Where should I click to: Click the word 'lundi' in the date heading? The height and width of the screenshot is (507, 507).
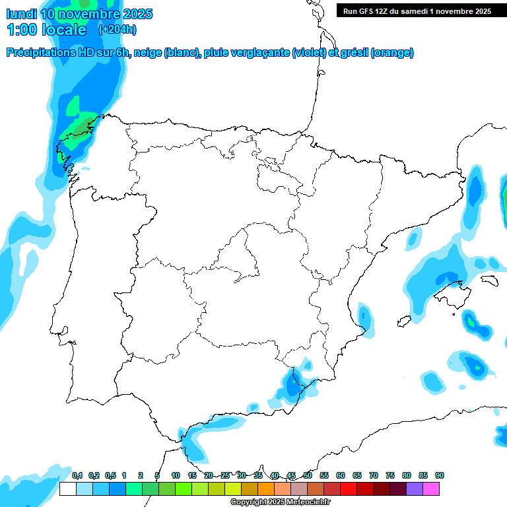[21, 14]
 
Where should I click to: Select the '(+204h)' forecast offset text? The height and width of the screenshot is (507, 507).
[117, 29]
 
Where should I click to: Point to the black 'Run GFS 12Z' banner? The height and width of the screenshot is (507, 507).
[417, 11]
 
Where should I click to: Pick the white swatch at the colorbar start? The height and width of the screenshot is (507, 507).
[67, 489]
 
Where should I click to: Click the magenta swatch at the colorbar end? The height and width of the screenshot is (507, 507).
[431, 489]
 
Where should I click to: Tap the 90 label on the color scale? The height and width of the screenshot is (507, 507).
[439, 475]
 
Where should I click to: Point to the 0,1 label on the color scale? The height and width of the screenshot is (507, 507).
[77, 475]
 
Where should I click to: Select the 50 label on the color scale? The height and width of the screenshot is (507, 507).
[308, 475]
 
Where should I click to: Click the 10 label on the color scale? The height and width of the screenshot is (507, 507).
[176, 475]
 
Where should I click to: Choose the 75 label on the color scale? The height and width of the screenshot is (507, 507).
[390, 475]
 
